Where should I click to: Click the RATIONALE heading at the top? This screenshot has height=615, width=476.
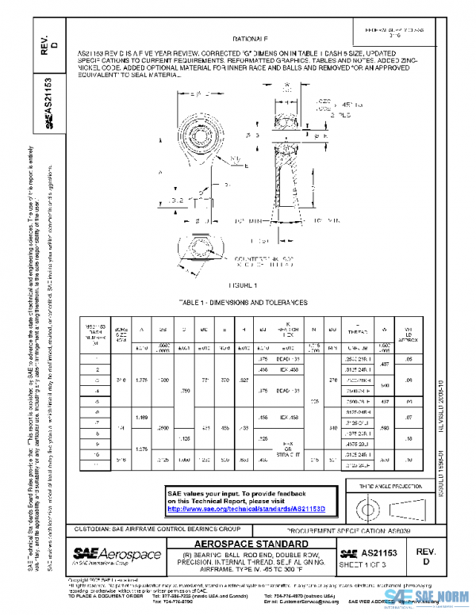pos(250,39)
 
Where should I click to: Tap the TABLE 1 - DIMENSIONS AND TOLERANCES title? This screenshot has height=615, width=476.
pos(244,303)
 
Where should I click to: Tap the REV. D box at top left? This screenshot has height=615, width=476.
pos(47,44)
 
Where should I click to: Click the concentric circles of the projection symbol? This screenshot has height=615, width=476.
pos(371,506)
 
